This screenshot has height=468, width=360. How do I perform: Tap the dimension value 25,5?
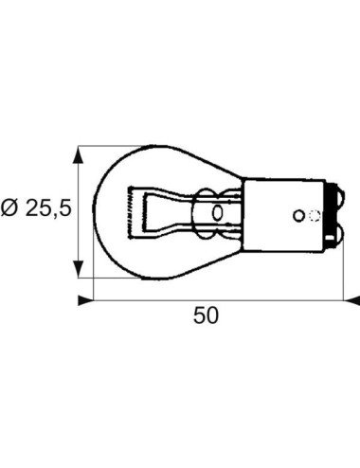(x=49, y=208)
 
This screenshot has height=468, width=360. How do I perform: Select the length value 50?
(x=206, y=316)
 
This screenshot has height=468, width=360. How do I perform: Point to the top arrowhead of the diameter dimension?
(x=81, y=152)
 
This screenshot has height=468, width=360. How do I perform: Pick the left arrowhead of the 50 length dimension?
(x=85, y=300)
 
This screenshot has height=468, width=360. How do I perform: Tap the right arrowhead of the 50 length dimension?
(x=352, y=300)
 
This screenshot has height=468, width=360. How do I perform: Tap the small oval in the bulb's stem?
(x=219, y=212)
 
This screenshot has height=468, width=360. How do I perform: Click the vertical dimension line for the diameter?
(x=81, y=213)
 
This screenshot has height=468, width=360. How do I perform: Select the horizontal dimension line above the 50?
(x=218, y=300)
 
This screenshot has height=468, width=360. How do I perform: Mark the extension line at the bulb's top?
(x=114, y=146)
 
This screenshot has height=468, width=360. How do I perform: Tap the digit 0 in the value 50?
(x=212, y=316)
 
